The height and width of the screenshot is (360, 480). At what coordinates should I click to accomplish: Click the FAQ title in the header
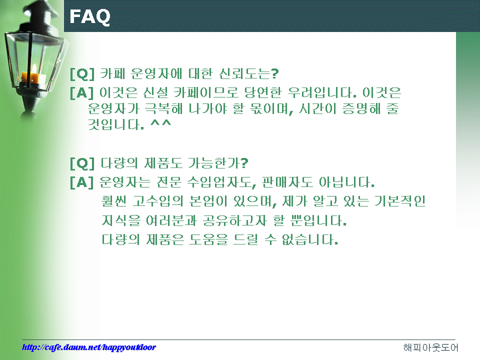(x=89, y=16)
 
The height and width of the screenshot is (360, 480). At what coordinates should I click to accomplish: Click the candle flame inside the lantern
(x=34, y=68)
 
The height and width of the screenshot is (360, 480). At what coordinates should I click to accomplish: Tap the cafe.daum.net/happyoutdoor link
(x=89, y=347)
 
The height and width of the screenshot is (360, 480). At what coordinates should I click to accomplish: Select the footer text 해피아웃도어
(x=430, y=347)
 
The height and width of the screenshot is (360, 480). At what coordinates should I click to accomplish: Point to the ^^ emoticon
(x=160, y=123)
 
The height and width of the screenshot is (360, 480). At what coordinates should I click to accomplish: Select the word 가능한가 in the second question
(x=217, y=163)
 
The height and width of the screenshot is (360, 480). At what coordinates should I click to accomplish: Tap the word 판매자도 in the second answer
(x=287, y=182)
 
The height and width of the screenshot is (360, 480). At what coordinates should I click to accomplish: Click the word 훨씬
(x=113, y=201)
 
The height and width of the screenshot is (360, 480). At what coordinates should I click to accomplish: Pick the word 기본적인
(x=400, y=201)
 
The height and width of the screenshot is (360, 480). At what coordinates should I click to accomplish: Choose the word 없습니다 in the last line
(x=309, y=239)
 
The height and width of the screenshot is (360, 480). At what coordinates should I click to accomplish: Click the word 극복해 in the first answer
(x=163, y=108)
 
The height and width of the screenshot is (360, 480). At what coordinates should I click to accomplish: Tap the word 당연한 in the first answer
(x=262, y=92)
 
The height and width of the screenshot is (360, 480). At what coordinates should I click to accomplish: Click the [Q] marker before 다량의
(x=82, y=163)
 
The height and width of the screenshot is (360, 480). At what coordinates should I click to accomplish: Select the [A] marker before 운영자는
(x=81, y=182)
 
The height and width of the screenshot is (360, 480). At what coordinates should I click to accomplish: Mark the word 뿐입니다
(x=318, y=220)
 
